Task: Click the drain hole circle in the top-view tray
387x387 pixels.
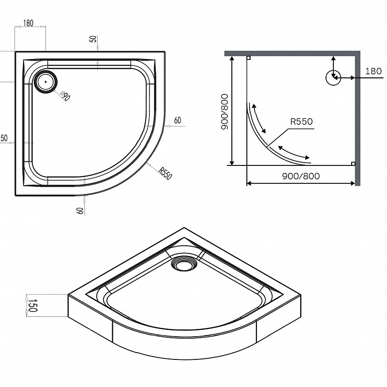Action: pyautogui.click(x=46, y=81)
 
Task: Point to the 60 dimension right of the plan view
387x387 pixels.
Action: pyautogui.click(x=178, y=120)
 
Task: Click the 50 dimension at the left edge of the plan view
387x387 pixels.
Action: pyautogui.click(x=4, y=139)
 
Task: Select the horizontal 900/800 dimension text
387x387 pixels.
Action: pyautogui.click(x=300, y=176)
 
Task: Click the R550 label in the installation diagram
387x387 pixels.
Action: pyautogui.click(x=302, y=122)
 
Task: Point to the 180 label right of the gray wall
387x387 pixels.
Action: pyautogui.click(x=373, y=71)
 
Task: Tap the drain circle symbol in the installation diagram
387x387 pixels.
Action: pyautogui.click(x=333, y=77)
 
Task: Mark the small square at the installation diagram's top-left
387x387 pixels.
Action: pyautogui.click(x=248, y=58)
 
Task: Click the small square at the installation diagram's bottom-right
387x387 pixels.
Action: pyautogui.click(x=354, y=164)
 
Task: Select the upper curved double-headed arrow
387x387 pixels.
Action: pyautogui.click(x=258, y=118)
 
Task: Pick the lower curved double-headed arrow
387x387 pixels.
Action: pyautogui.click(x=294, y=151)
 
